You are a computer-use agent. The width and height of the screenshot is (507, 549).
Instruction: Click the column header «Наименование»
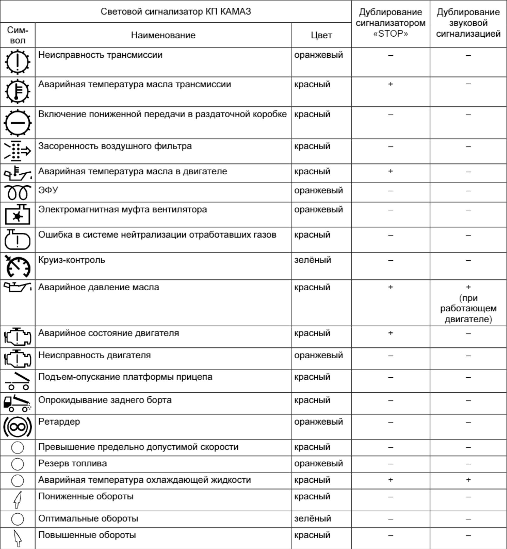coord(163,35)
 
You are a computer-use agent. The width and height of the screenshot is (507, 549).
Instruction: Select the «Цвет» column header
coord(321,35)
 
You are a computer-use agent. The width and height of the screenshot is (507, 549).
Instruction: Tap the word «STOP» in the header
coord(390,34)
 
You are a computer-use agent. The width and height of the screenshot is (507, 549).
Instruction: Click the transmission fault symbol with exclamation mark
coord(18,62)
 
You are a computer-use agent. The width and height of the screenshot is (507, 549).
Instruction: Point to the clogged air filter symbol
coord(18,151)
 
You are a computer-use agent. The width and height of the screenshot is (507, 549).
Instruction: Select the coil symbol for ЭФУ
coord(18,192)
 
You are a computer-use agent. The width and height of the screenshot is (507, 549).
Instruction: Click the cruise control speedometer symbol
coord(18,266)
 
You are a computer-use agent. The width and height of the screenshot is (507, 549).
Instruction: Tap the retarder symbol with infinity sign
coord(18,427)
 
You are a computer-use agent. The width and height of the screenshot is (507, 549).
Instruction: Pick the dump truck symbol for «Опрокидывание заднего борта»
coord(18,403)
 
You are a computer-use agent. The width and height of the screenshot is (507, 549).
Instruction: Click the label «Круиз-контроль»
coord(72,260)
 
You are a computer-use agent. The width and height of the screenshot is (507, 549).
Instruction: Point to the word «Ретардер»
coord(59,421)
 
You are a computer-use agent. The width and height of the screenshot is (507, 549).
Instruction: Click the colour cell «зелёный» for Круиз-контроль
coord(312,260)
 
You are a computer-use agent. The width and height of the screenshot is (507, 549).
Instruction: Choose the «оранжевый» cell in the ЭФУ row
coord(319,190)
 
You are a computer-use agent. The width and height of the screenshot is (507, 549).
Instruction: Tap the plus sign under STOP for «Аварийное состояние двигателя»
coord(390,333)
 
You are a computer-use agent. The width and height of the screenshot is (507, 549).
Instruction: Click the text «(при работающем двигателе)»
coord(468,308)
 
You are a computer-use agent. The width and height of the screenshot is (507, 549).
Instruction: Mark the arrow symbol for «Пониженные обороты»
coord(18,499)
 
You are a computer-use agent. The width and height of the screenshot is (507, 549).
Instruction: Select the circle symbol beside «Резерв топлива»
coord(18,464)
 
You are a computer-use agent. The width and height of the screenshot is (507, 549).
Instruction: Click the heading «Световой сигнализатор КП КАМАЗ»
coord(176,12)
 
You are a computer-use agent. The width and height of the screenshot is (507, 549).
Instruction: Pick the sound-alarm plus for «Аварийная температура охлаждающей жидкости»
coord(468,480)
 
